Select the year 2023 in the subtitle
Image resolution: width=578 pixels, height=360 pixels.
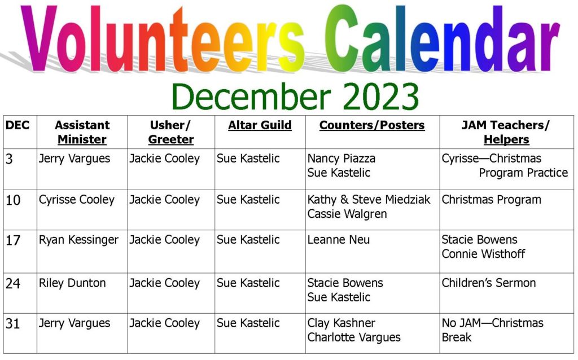(381, 96)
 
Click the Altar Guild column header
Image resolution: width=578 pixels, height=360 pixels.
(260, 125)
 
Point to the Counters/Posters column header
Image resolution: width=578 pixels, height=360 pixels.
(372, 125)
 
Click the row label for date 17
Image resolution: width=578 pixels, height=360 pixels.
(13, 240)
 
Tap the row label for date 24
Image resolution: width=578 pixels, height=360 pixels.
(13, 284)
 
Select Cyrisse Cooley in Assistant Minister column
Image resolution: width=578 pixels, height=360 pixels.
(77, 200)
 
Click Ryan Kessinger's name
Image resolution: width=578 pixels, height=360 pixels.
(79, 240)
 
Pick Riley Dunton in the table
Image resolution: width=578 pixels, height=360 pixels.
(72, 283)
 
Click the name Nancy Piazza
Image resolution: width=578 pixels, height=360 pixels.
(341, 159)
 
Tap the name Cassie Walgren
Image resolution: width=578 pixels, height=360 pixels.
(347, 214)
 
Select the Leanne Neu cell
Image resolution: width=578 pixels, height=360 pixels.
(339, 240)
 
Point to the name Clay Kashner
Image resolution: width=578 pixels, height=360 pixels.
(341, 323)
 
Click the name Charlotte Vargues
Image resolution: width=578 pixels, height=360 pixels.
(354, 337)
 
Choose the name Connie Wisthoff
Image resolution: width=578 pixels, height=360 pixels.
(483, 254)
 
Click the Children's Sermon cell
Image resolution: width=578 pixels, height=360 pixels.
(489, 283)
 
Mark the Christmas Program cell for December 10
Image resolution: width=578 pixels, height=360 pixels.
(492, 200)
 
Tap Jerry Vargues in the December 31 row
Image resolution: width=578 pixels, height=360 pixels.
(75, 323)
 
